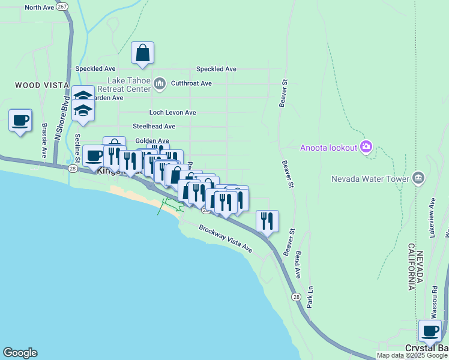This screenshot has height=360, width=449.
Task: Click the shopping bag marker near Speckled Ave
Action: coord(143,53)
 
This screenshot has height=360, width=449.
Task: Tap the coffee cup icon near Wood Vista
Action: coord(20,121)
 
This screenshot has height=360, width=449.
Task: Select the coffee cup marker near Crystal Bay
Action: coord(430,331)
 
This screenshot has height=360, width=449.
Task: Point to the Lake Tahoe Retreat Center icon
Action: coord(159,83)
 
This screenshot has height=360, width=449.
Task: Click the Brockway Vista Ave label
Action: coord(225,238)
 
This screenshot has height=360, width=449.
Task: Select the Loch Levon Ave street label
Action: coord(173,112)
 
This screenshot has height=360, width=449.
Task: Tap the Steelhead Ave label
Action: coord(154,127)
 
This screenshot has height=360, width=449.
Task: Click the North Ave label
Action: coord(40,7)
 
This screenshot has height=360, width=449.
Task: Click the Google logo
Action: coord(20,353)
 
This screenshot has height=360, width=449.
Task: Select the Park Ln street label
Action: coord(310,300)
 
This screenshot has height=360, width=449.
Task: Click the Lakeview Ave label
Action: coord(430,215)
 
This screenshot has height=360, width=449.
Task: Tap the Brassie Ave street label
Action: coord(44,140)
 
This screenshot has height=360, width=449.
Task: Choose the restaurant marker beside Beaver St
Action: coord(267,221)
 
